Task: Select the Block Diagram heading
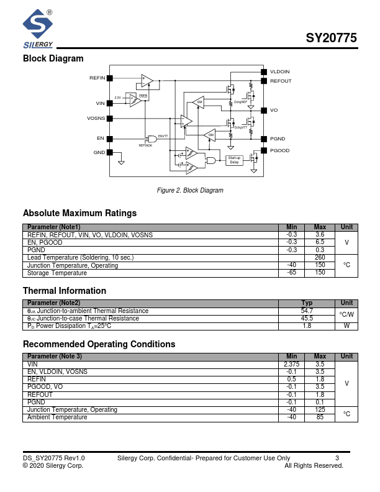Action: [53, 58]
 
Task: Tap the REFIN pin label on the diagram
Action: [97, 78]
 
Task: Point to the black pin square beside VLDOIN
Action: [264, 72]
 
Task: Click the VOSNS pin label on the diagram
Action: [96, 118]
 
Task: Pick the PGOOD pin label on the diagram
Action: [280, 151]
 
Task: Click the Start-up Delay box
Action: [234, 160]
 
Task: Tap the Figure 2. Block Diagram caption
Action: [190, 190]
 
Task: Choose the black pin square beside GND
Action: [110, 152]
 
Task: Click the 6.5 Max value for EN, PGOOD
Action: [320, 242]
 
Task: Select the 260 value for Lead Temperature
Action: [320, 257]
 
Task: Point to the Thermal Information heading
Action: [65, 291]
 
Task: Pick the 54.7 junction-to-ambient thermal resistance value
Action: [307, 311]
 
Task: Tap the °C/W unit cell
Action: [347, 314]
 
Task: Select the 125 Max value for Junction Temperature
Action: [320, 409]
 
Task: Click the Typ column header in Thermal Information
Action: [307, 303]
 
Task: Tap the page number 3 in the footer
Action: [337, 458]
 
